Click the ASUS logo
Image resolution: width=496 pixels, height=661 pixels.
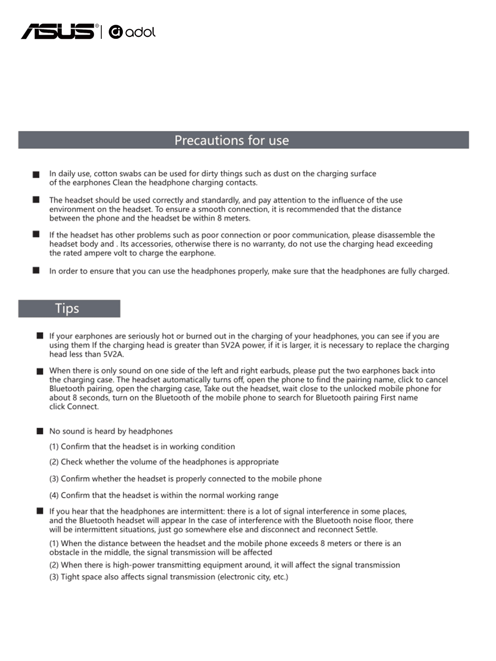(x=58, y=31)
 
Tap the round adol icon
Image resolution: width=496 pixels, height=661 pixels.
(x=116, y=32)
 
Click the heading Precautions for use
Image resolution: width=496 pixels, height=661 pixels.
(x=231, y=140)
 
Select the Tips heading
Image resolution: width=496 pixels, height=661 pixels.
(x=67, y=309)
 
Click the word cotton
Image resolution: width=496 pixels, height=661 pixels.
(x=105, y=174)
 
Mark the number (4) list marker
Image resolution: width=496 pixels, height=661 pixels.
(x=54, y=495)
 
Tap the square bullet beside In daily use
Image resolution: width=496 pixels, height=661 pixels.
(x=36, y=175)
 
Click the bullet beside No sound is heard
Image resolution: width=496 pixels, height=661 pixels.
(x=40, y=431)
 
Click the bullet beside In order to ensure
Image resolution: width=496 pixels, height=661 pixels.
(x=36, y=271)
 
